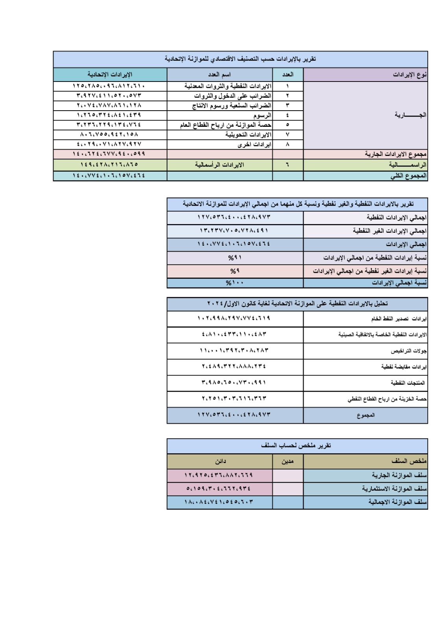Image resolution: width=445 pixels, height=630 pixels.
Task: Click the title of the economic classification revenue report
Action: coord(240,59)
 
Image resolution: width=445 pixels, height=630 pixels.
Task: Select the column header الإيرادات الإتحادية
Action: coord(110,74)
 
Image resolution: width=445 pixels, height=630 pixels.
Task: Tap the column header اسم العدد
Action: coord(219,74)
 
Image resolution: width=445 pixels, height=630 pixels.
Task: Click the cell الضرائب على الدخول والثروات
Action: coord(233,96)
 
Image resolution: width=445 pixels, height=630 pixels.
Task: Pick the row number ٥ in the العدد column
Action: coord(287,125)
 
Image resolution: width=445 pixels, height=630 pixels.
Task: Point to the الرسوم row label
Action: coord(262,115)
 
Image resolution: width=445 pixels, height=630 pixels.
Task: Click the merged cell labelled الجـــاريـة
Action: coord(410,115)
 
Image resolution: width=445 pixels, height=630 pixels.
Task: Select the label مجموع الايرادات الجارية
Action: coord(395,154)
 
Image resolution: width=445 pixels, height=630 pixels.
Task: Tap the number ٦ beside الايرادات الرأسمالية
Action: coord(287,165)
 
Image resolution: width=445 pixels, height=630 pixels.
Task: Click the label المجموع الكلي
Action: coord(408,176)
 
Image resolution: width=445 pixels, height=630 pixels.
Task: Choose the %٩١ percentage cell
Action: coord(235,258)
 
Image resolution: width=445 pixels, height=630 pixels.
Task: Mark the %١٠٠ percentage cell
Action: coord(235,283)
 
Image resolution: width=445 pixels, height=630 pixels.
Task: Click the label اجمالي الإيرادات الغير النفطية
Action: coord(390,231)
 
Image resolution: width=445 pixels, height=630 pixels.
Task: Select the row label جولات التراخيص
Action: coord(408,351)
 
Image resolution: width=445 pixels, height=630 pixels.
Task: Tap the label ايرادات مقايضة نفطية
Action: coord(404,367)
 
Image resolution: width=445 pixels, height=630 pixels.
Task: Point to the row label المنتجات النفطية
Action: coord(408,383)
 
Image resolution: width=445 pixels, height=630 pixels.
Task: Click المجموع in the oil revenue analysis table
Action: coord(366,415)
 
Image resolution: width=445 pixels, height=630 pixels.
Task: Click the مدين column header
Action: coord(287,461)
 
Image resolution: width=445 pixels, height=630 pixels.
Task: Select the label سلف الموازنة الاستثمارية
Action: coord(394,489)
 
